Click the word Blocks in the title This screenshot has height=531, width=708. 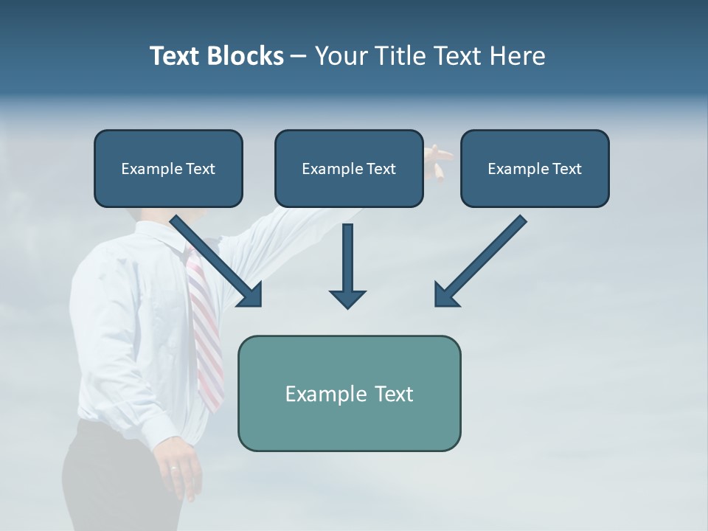(246, 56)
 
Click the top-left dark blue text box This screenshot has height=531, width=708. (168, 168)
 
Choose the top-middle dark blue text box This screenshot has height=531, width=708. (349, 168)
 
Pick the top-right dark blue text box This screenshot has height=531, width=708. (535, 168)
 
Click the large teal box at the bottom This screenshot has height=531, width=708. (349, 393)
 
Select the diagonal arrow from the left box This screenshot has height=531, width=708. (218, 262)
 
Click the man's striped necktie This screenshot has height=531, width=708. (206, 332)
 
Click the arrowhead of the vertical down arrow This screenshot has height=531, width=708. (347, 298)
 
